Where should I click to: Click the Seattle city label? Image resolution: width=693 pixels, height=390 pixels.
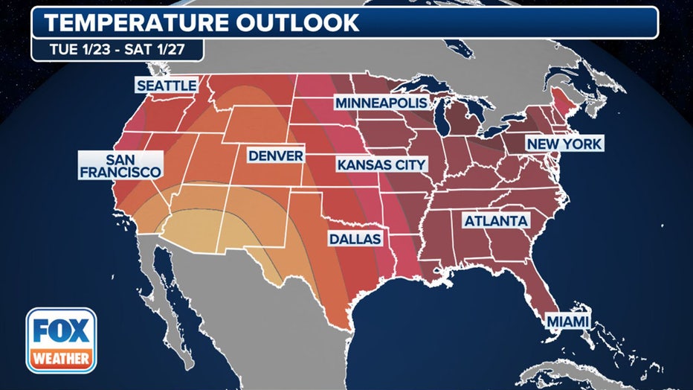click(167, 86)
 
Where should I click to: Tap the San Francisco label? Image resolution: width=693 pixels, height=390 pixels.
click(122, 166)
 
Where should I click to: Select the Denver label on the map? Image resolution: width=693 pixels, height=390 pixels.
click(275, 156)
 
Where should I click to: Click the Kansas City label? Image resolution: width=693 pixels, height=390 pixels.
click(381, 164)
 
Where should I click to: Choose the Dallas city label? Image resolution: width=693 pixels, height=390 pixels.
click(356, 239)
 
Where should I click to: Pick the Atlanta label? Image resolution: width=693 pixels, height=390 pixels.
click(496, 221)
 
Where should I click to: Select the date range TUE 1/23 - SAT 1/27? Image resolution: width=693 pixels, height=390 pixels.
click(117, 50)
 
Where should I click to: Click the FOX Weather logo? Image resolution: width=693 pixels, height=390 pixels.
click(61, 340)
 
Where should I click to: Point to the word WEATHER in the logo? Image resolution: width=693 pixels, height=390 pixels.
click(61, 359)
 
